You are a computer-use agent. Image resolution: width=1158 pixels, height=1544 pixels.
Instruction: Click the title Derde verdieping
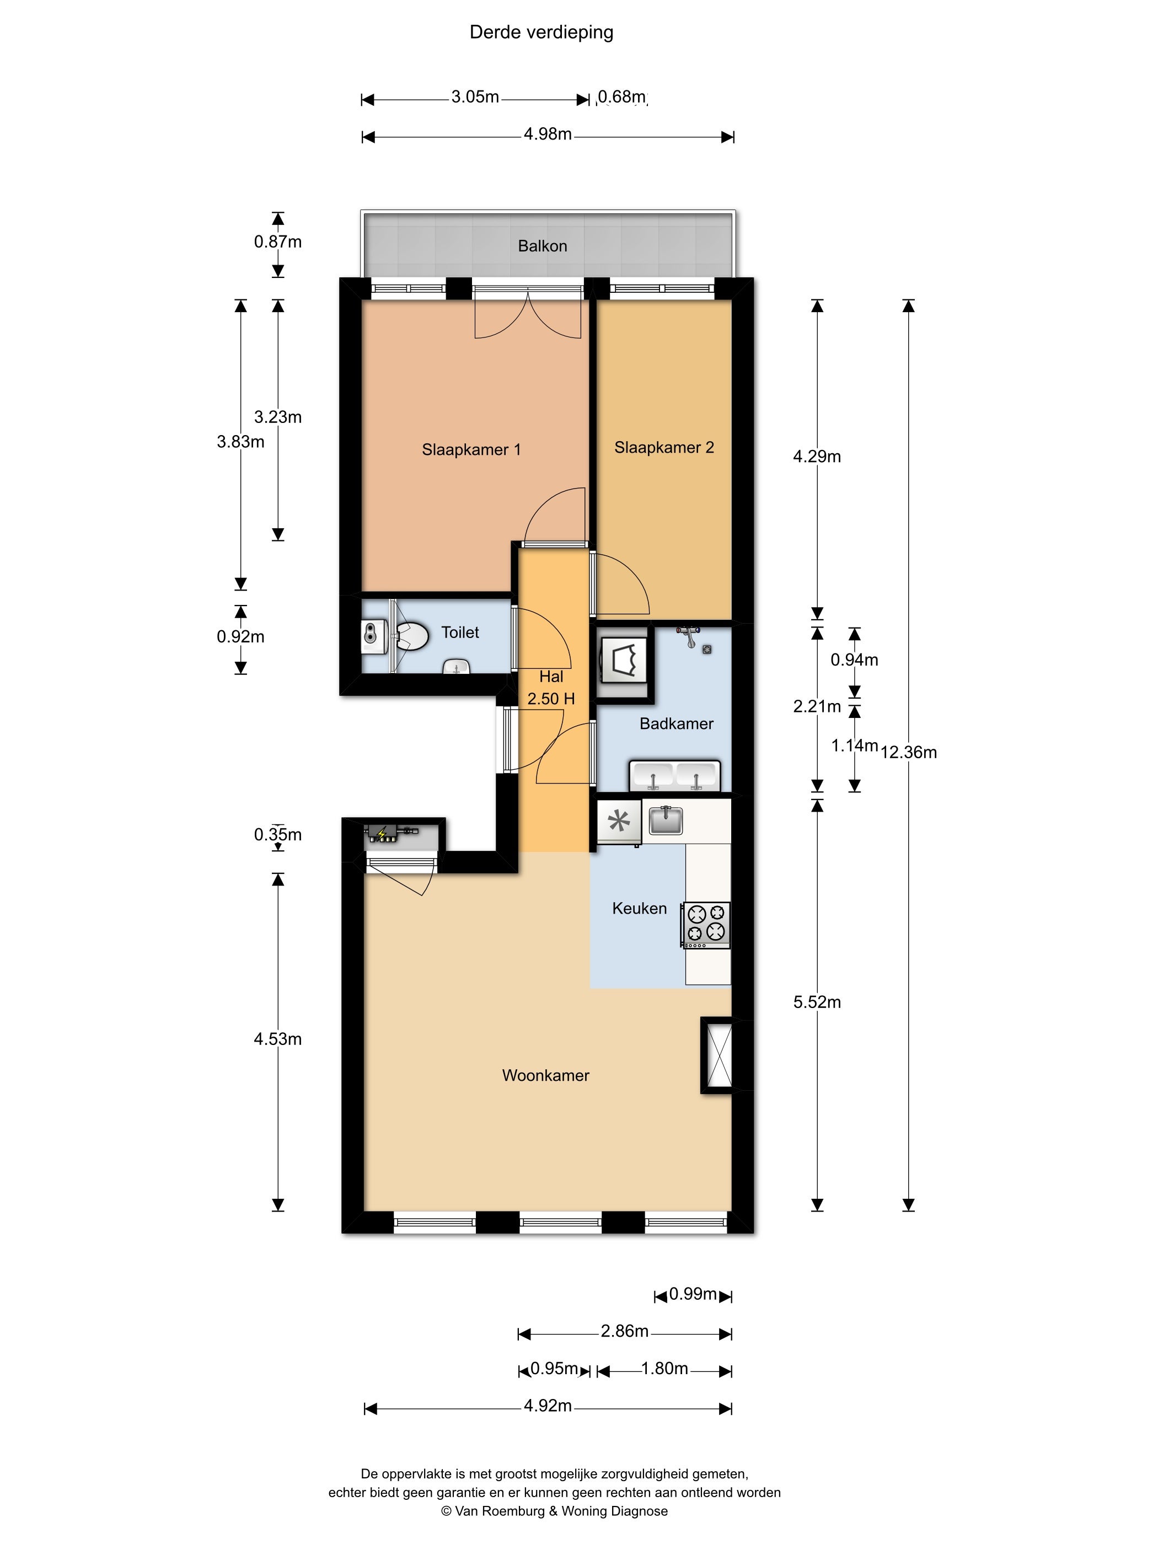tap(541, 33)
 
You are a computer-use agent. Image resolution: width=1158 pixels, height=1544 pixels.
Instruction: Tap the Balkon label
tap(543, 246)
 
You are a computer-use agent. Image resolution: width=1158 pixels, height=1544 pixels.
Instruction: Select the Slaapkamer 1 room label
tap(471, 449)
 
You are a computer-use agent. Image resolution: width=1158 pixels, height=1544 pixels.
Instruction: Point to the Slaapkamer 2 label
tap(664, 447)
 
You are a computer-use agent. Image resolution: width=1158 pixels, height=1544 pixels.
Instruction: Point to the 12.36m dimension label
tap(909, 753)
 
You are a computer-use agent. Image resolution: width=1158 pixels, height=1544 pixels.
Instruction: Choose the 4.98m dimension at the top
tap(548, 134)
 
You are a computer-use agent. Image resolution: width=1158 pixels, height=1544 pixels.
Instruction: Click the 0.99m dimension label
tap(693, 1294)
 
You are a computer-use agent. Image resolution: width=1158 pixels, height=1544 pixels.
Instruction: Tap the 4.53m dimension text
tap(278, 1039)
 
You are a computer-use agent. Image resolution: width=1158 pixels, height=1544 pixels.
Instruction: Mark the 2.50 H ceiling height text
tap(551, 699)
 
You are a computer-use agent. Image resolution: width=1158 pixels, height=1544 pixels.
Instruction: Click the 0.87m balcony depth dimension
tap(278, 242)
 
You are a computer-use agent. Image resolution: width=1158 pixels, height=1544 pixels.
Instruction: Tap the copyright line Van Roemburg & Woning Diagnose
tap(554, 1511)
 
